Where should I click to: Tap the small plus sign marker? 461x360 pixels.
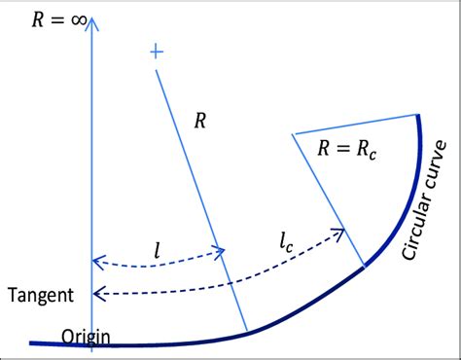pyautogui.click(x=155, y=52)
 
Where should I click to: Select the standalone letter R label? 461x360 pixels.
pyautogui.click(x=200, y=121)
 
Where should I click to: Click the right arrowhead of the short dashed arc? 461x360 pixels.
pyautogui.click(x=223, y=251)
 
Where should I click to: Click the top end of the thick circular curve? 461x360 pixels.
pyautogui.click(x=419, y=118)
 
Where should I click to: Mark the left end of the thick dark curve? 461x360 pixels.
pyautogui.click(x=32, y=342)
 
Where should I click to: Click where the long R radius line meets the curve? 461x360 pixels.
pyautogui.click(x=246, y=331)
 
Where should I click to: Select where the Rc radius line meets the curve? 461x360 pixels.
pyautogui.click(x=365, y=265)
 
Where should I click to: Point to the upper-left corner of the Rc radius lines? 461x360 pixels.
pyautogui.click(x=293, y=133)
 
